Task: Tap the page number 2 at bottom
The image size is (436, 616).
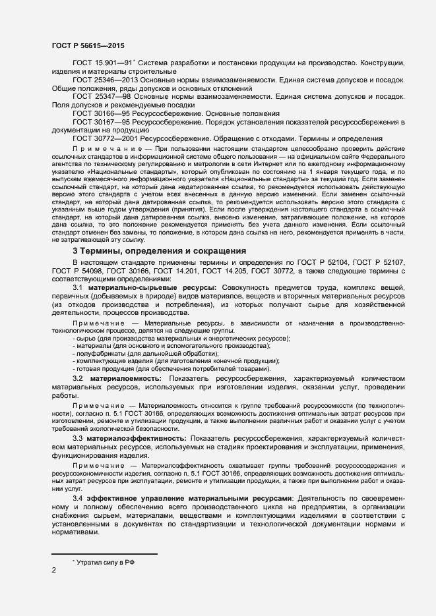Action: pyautogui.click(x=53, y=571)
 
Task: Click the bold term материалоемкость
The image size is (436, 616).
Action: pyautogui.click(x=126, y=379)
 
